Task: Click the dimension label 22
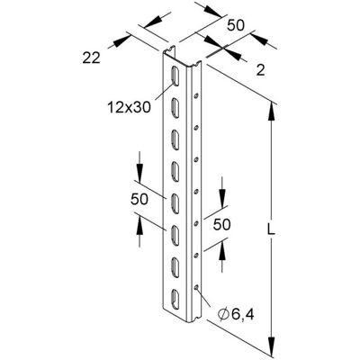point(91,58)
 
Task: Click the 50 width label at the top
point(236,25)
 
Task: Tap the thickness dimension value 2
point(261,70)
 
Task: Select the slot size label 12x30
point(129,107)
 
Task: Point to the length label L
point(272,229)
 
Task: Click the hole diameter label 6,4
point(242,315)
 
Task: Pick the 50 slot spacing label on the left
point(139,199)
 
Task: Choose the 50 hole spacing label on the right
point(221,224)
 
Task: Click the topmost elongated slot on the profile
point(175,75)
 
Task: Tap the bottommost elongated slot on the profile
point(175,299)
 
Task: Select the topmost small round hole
point(195,96)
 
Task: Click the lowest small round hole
point(196,288)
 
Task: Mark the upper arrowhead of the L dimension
point(272,112)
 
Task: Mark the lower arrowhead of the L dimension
point(272,346)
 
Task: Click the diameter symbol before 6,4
point(223,315)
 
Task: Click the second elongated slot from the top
point(175,107)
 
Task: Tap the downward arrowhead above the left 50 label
point(139,173)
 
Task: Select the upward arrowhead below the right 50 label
point(222,248)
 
